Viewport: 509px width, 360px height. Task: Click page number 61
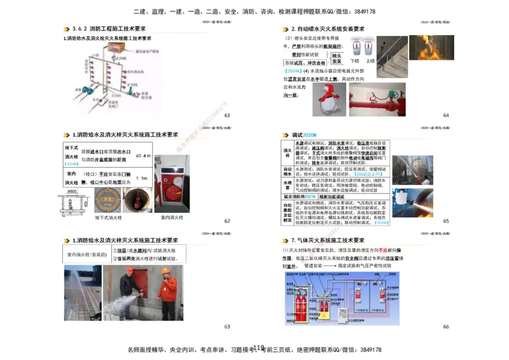tap(227, 115)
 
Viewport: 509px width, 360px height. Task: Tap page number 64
tap(446, 115)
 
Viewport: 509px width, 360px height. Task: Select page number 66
tap(446, 326)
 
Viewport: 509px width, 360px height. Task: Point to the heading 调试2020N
tap(304, 135)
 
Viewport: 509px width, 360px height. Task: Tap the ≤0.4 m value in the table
tap(143, 156)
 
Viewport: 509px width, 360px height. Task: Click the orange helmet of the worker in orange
tap(167, 272)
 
